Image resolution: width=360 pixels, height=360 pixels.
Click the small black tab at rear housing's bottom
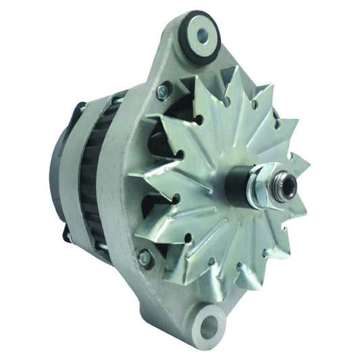pyautogui.click(x=68, y=236)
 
